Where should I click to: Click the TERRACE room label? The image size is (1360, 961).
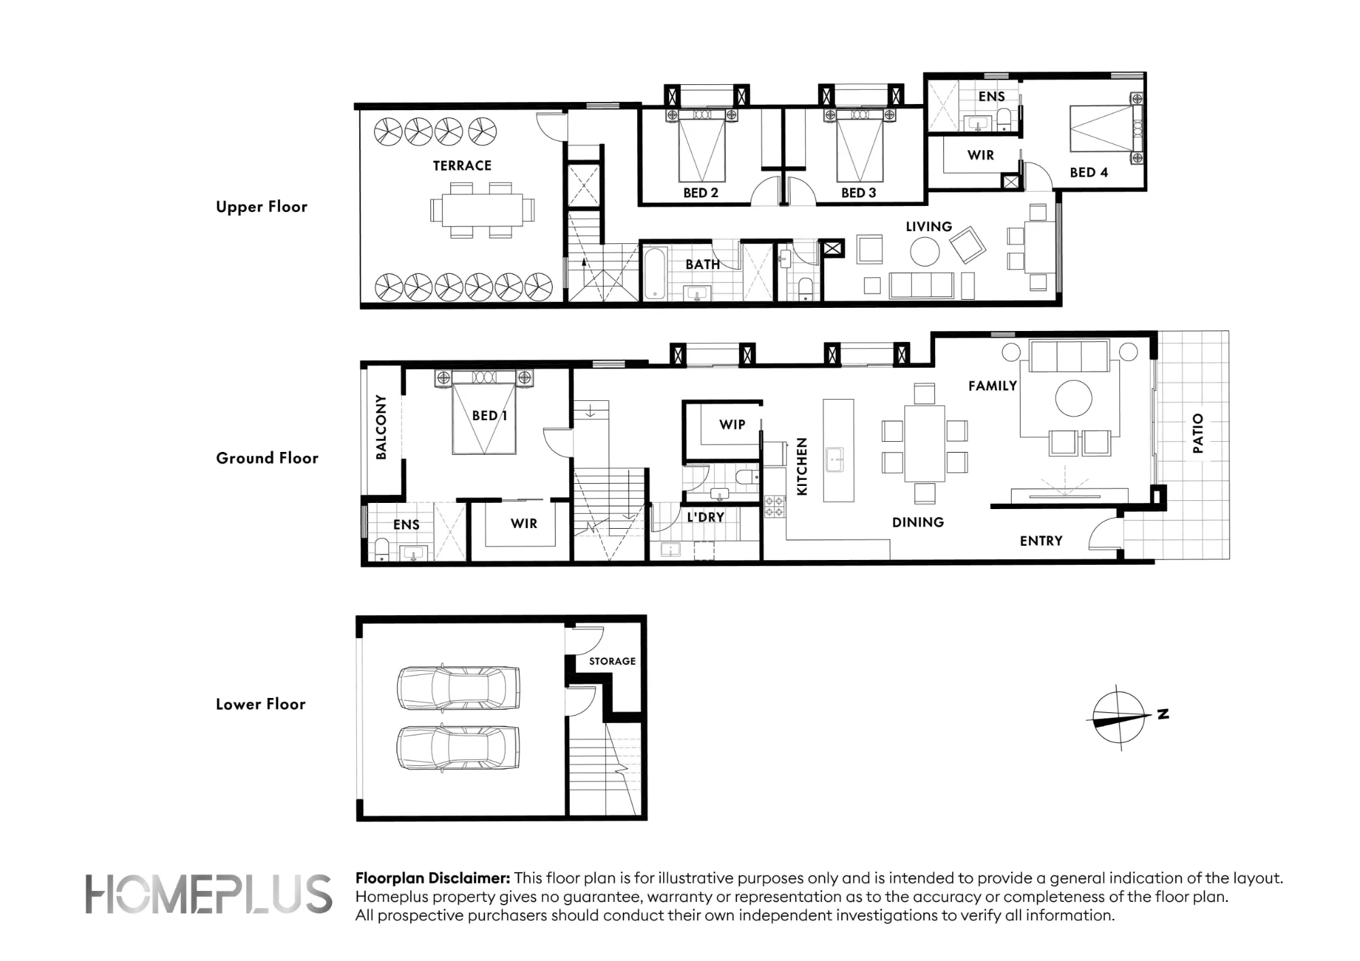[462, 166]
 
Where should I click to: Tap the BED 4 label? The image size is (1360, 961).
[1089, 173]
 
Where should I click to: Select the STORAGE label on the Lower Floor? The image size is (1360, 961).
[612, 661]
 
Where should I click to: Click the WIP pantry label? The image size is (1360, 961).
[732, 425]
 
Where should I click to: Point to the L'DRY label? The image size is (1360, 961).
[705, 517]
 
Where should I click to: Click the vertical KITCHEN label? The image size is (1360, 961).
[802, 466]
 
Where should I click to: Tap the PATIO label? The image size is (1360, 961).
[1198, 434]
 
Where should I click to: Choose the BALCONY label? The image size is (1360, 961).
[381, 427]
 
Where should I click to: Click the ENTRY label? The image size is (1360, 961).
[1041, 541]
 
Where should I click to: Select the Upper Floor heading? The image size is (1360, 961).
[262, 207]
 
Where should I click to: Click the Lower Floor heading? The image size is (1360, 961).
[260, 704]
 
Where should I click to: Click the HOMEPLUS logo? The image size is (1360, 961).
[209, 894]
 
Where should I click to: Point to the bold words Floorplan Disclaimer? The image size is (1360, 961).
[432, 878]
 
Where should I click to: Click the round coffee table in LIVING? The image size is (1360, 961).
[925, 252]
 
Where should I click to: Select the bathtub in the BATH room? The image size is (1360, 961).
[655, 274]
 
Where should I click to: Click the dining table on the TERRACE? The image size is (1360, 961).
[482, 211]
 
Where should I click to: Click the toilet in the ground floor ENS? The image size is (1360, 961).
[381, 550]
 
